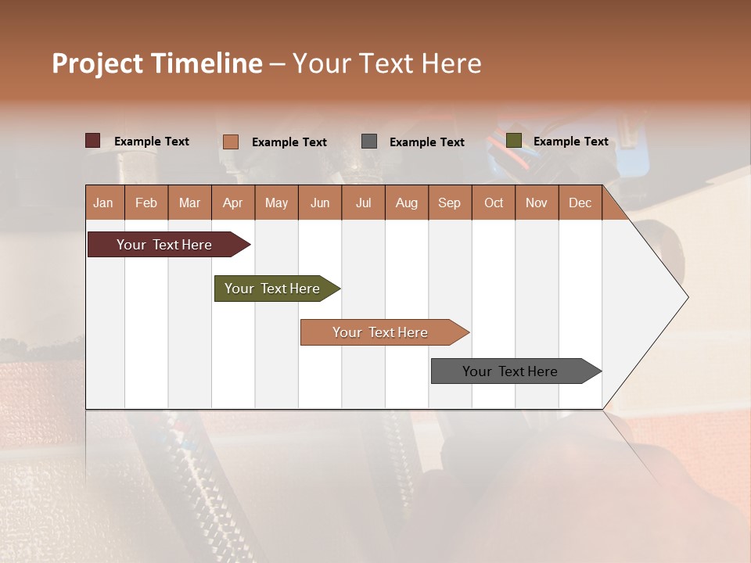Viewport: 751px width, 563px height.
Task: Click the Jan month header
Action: pyautogui.click(x=103, y=203)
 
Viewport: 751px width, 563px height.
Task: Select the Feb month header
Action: pyautogui.click(x=146, y=203)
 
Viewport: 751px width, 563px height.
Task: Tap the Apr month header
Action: pyautogui.click(x=232, y=203)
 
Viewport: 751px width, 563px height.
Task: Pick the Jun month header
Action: pyautogui.click(x=320, y=203)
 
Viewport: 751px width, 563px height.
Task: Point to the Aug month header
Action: pyautogui.click(x=406, y=203)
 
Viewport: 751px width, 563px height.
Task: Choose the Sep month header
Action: pyautogui.click(x=449, y=203)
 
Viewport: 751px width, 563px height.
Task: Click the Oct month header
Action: pyautogui.click(x=493, y=203)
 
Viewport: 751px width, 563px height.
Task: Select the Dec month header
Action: pyautogui.click(x=580, y=203)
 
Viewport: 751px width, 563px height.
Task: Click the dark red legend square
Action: pyautogui.click(x=93, y=141)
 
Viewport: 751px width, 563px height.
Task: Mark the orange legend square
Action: pyautogui.click(x=230, y=142)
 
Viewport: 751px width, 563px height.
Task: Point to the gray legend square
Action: pyautogui.click(x=369, y=142)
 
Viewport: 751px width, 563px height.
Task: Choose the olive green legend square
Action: pyautogui.click(x=514, y=141)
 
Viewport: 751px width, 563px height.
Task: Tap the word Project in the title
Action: pyautogui.click(x=97, y=63)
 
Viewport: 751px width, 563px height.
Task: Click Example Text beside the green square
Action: pyautogui.click(x=570, y=142)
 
